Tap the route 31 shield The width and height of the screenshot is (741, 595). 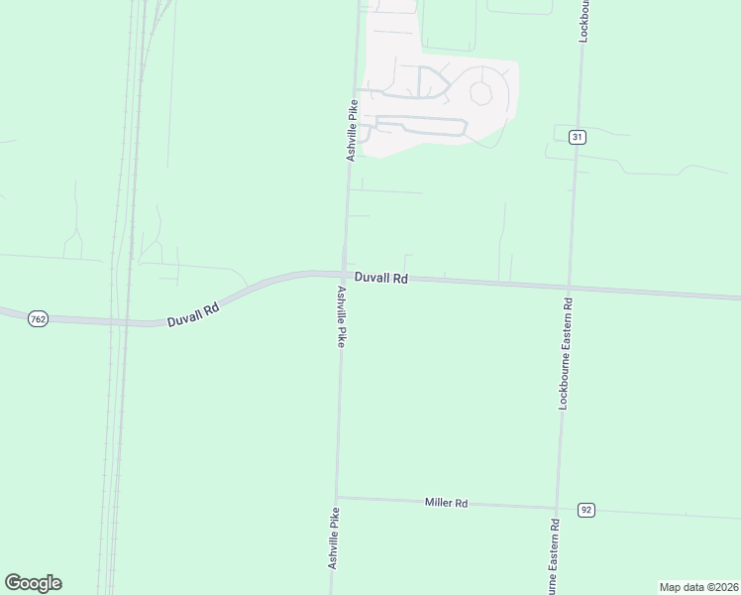(x=577, y=137)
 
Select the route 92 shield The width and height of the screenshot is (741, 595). (x=586, y=510)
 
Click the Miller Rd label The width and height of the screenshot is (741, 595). (x=446, y=503)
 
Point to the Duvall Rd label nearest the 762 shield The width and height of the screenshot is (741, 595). (x=192, y=314)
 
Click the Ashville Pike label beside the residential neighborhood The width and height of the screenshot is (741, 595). (x=351, y=129)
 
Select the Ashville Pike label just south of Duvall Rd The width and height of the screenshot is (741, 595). (x=341, y=316)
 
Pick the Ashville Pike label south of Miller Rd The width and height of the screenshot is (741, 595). (x=334, y=537)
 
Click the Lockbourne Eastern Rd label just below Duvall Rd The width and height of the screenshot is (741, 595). (x=567, y=354)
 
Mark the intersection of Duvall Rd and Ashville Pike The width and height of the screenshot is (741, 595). (x=344, y=275)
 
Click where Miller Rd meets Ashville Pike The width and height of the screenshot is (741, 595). (x=337, y=498)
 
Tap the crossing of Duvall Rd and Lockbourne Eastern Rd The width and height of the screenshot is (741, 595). (x=569, y=287)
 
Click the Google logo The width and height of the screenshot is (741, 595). (x=33, y=583)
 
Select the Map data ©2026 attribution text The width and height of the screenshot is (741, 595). (x=697, y=586)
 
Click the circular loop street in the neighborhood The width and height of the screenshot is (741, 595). (x=482, y=93)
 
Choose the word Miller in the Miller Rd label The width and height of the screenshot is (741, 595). (x=439, y=503)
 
